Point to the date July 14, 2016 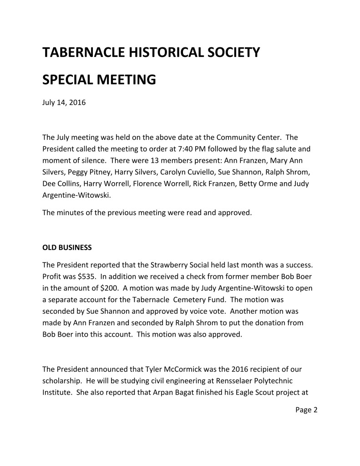click(x=64, y=102)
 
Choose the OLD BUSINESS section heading click(x=67, y=247)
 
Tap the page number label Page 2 click(x=306, y=410)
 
